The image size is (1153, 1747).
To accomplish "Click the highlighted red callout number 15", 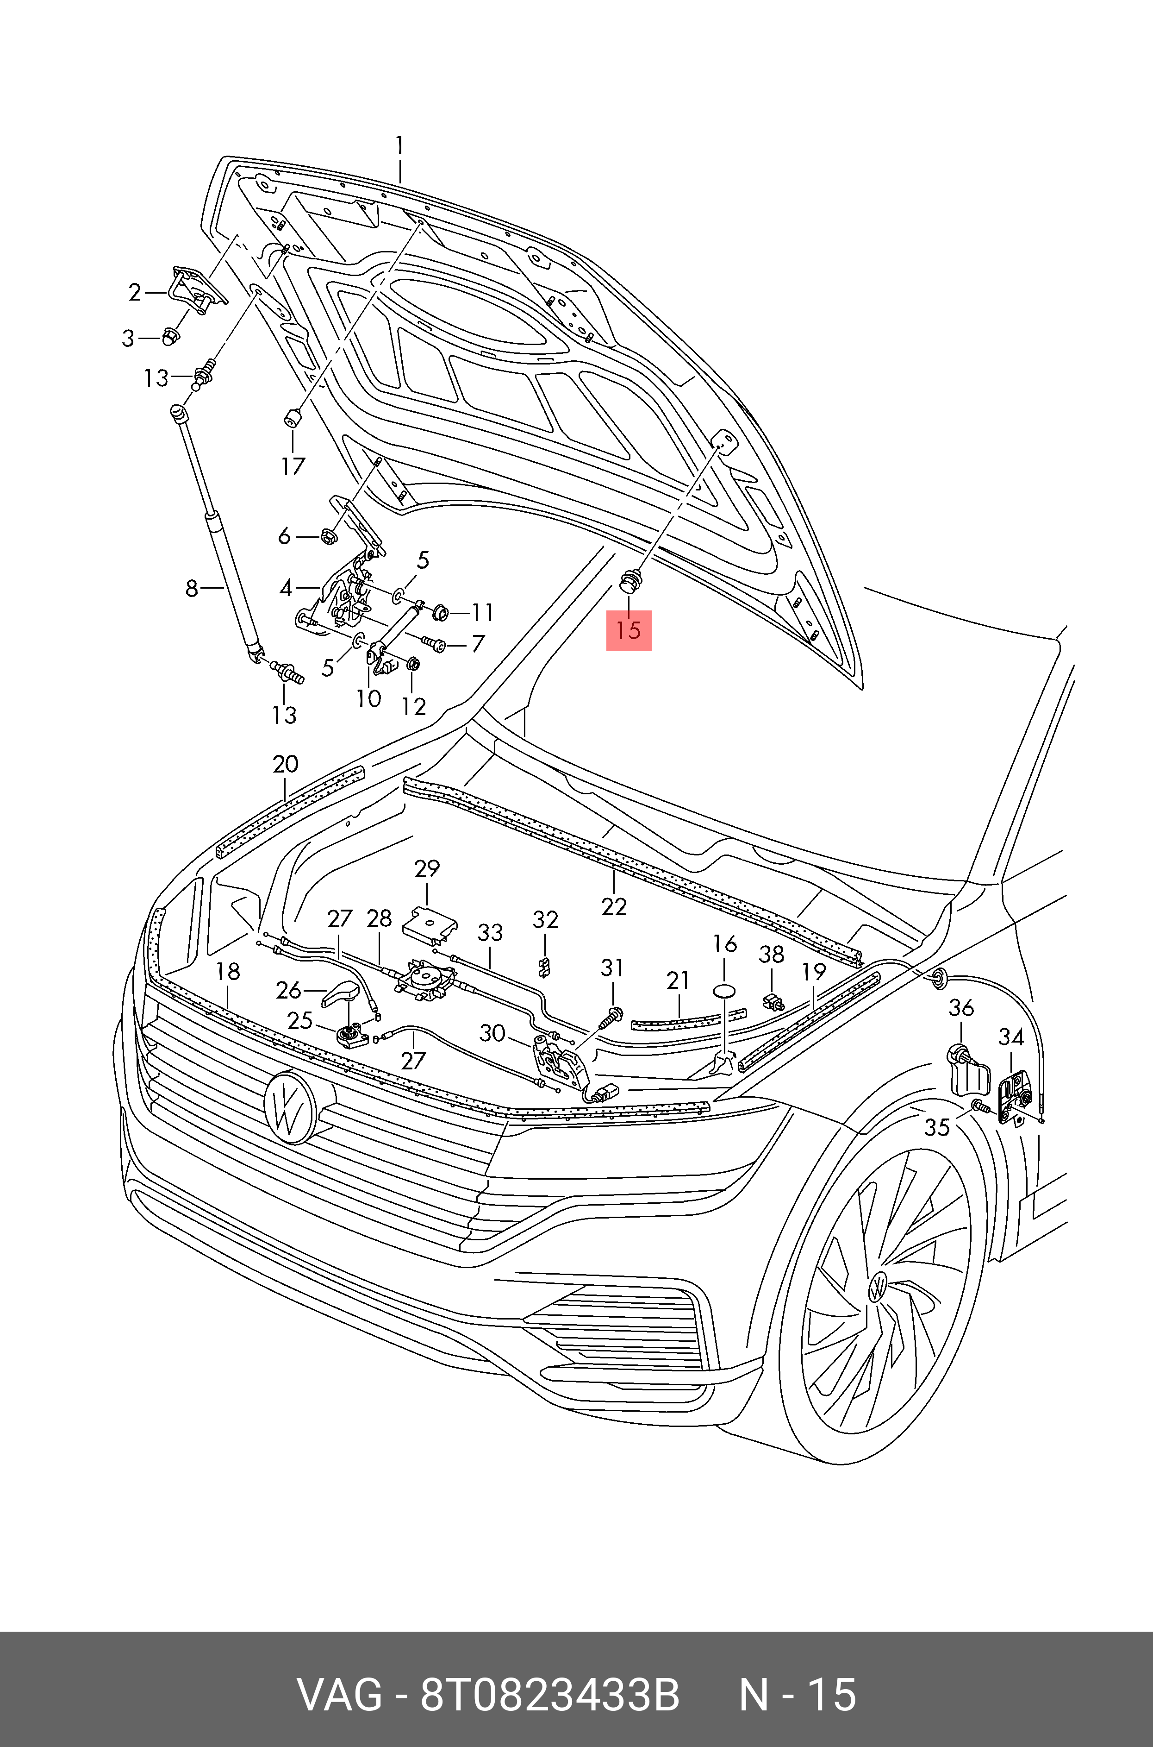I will coord(629,630).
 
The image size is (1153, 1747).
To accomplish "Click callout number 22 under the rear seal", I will coord(614,906).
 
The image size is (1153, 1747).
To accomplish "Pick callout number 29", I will coord(426,869).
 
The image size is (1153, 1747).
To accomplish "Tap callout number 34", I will coord(1011,1037).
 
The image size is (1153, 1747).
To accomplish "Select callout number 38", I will coord(771,955).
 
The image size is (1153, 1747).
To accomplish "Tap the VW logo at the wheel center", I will coord(878,1287).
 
